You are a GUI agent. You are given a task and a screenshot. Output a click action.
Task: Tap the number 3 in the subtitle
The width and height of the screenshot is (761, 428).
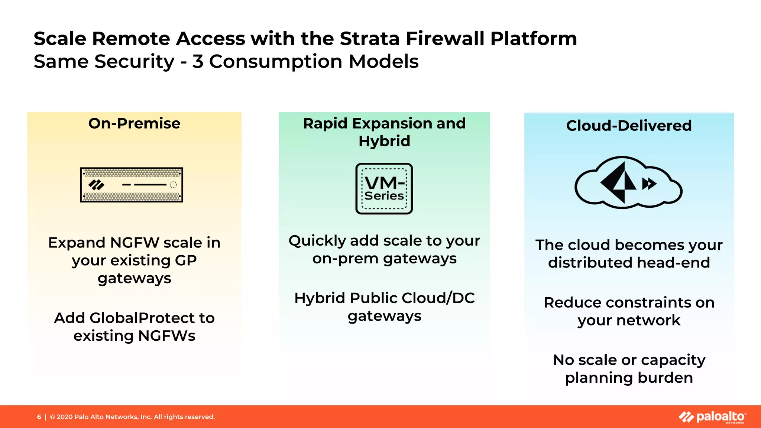tap(198, 62)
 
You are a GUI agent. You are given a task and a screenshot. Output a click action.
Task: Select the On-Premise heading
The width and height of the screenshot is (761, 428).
tap(134, 123)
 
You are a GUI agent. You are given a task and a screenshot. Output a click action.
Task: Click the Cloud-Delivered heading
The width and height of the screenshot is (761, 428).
tap(629, 126)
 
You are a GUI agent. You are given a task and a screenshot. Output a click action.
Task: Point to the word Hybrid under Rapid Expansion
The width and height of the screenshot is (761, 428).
tap(384, 141)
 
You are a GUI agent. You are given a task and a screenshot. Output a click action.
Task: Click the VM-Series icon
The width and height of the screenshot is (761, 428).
tap(384, 188)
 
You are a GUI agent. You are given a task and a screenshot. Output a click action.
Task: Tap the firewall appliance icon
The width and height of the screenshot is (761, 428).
tap(132, 185)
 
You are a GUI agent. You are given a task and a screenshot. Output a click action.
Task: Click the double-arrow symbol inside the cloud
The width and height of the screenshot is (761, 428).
tap(649, 184)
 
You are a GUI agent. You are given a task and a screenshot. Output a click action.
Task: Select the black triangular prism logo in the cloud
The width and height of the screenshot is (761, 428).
tap(619, 182)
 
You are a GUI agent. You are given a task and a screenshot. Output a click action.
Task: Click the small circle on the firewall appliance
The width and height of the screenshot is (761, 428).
tap(173, 185)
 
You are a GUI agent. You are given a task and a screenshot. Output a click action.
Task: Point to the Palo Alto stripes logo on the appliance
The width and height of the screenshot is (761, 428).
tap(96, 185)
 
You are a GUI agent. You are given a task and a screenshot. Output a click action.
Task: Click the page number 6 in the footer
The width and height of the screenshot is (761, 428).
tap(39, 417)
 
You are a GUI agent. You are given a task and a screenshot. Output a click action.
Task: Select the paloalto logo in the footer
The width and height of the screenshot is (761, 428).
tap(712, 417)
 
